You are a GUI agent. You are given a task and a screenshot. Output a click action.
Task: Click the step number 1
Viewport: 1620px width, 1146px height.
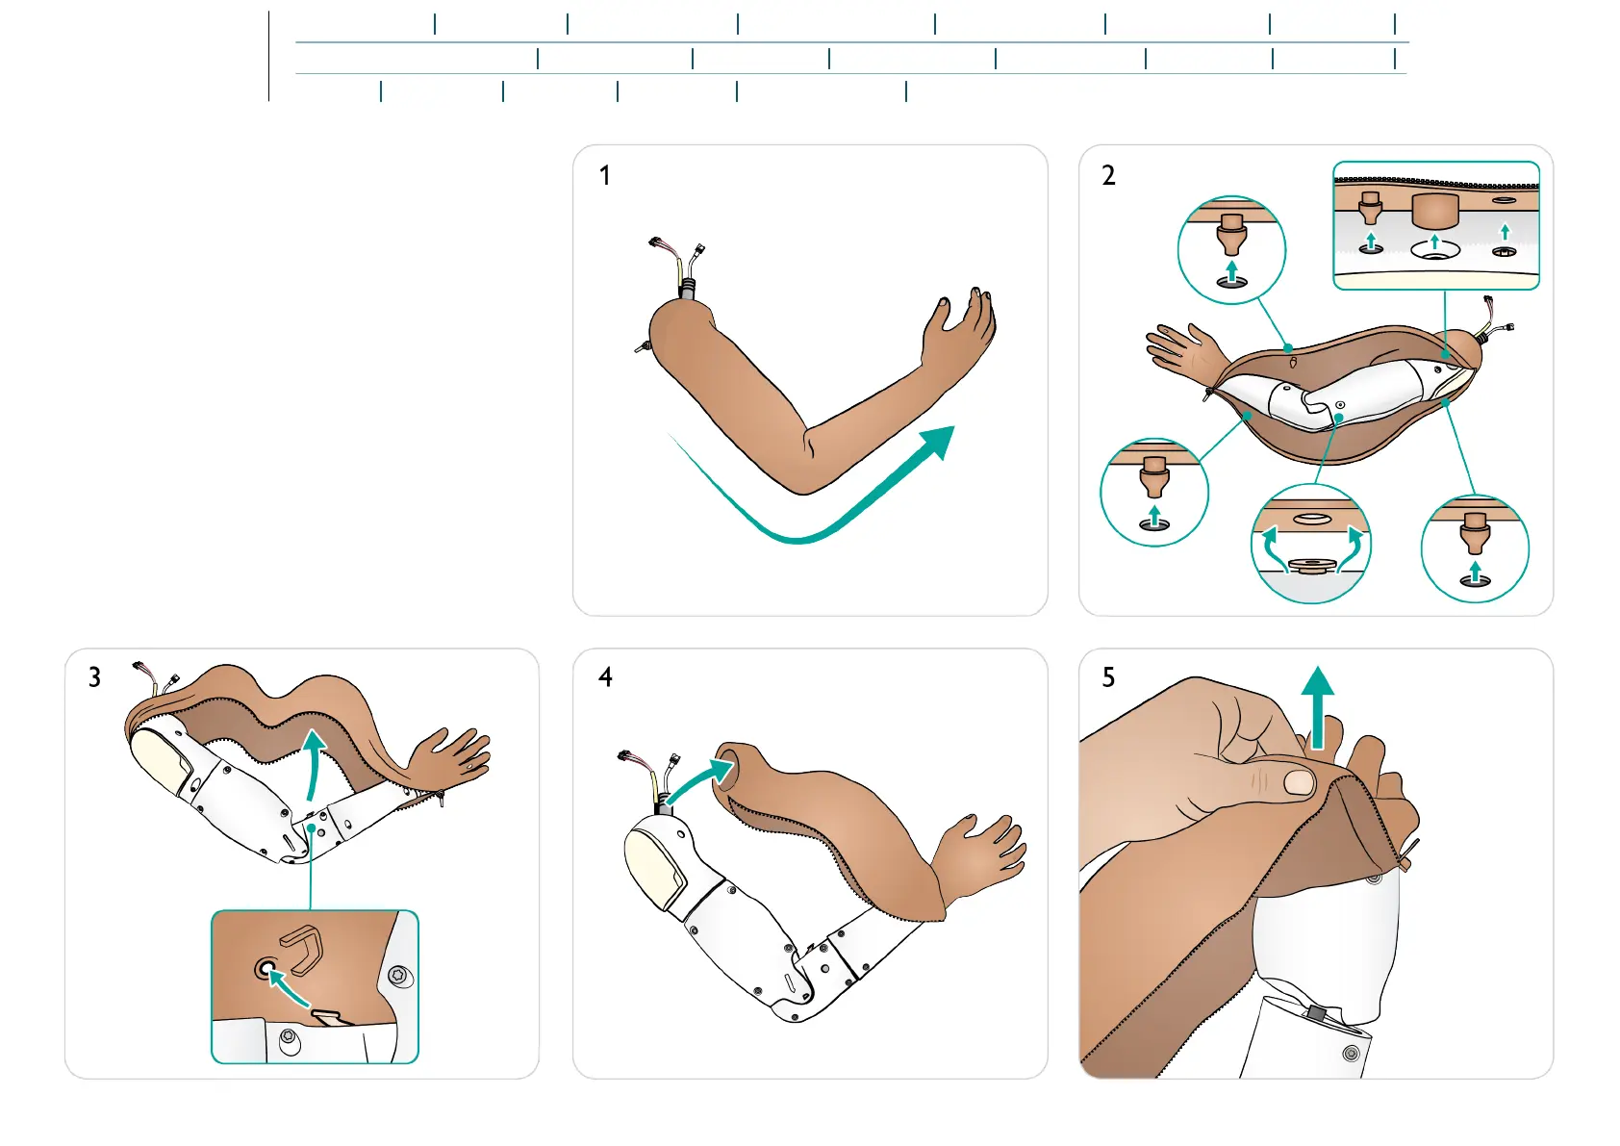pyautogui.click(x=604, y=175)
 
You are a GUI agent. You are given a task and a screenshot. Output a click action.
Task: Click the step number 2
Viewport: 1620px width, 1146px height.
pyautogui.click(x=1108, y=175)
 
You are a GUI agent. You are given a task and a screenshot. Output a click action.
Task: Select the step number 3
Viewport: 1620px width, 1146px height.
pyautogui.click(x=94, y=677)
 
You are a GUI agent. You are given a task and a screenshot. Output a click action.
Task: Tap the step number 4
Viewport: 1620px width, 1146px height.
pyautogui.click(x=605, y=676)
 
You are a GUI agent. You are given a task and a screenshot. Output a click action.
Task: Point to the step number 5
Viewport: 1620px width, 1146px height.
pyautogui.click(x=1108, y=677)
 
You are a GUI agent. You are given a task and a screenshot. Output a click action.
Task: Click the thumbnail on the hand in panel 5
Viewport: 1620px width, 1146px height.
pyautogui.click(x=1300, y=781)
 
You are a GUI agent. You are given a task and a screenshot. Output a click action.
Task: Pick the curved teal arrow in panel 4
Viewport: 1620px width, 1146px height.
pyautogui.click(x=699, y=779)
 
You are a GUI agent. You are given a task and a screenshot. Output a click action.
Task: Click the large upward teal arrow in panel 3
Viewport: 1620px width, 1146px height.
pyautogui.click(x=313, y=765)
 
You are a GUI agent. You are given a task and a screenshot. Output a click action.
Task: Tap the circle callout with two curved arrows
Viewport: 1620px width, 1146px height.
pyautogui.click(x=1310, y=545)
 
